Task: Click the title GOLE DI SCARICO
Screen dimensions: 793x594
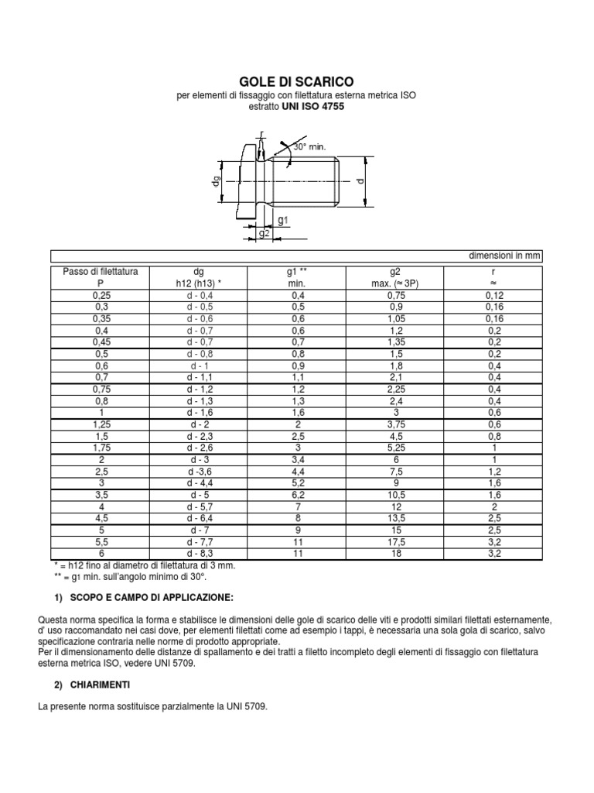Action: [x=297, y=81]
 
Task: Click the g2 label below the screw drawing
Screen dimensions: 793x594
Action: [x=265, y=233]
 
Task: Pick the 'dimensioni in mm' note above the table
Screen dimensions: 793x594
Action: [x=506, y=256]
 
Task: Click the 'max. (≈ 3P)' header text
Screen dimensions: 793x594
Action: [x=394, y=283]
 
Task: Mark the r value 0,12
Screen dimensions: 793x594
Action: [x=493, y=295]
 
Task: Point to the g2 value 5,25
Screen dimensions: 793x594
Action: [x=394, y=447]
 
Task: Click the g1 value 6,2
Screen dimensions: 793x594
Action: [x=297, y=494]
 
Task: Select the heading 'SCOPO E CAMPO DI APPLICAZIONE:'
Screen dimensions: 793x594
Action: [x=145, y=599]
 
